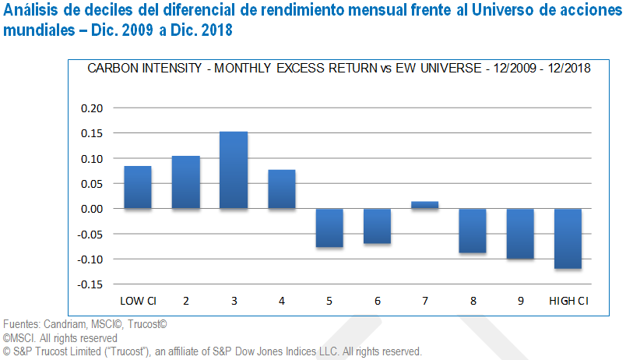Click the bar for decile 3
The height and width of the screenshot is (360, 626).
coord(234,170)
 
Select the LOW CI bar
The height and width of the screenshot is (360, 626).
coord(138,187)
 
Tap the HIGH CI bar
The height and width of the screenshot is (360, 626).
coord(568,238)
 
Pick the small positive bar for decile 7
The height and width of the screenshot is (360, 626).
coord(425,205)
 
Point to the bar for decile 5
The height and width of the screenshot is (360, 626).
coord(329,228)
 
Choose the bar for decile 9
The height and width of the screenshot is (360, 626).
coord(521,234)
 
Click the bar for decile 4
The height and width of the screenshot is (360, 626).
coord(281,189)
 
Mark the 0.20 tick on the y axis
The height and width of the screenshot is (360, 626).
coord(92,108)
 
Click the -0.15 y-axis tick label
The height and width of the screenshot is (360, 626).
coord(90,284)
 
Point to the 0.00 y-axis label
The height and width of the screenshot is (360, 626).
coord(92,209)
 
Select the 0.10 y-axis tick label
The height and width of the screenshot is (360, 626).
coord(92,159)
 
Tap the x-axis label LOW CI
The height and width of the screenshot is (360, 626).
coord(137,301)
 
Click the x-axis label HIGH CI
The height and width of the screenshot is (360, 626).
coord(568,301)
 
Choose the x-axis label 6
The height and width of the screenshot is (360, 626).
coord(378,301)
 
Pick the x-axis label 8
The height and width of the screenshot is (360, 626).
coord(473,301)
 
